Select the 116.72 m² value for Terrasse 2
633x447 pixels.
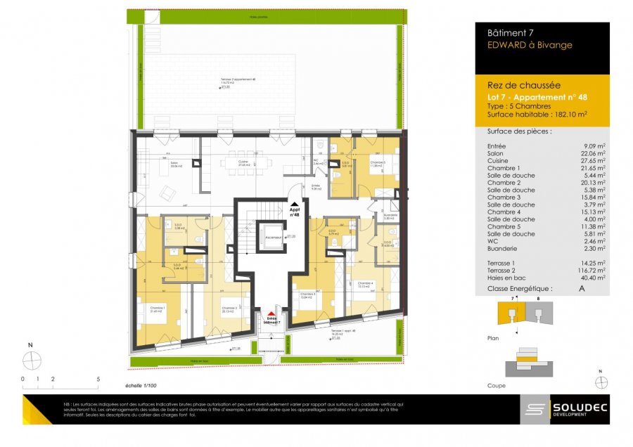[x=590, y=271]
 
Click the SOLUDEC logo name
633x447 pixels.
[x=578, y=408]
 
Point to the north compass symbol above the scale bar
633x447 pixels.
[x=32, y=359]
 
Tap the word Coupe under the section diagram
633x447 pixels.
[x=496, y=386]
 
